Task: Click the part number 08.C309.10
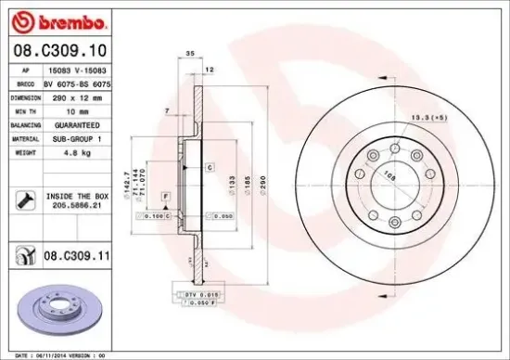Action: point(57,50)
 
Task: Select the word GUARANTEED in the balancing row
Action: point(75,122)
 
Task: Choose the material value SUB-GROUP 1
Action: point(75,136)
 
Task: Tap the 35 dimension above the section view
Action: point(189,55)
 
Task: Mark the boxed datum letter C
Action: point(210,168)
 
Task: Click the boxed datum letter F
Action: point(165,196)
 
